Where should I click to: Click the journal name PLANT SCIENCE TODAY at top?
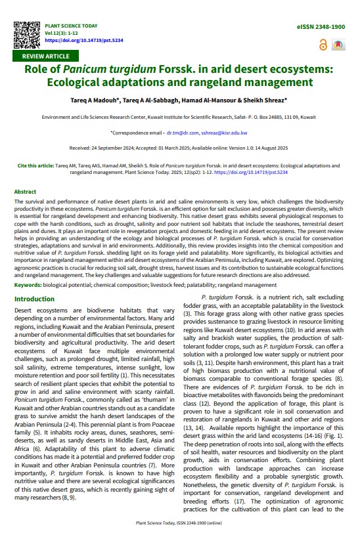71,26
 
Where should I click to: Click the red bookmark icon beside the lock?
338,45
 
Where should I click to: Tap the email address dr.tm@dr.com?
182,133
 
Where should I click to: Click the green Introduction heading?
34,299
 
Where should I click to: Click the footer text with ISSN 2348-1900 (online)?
179,523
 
